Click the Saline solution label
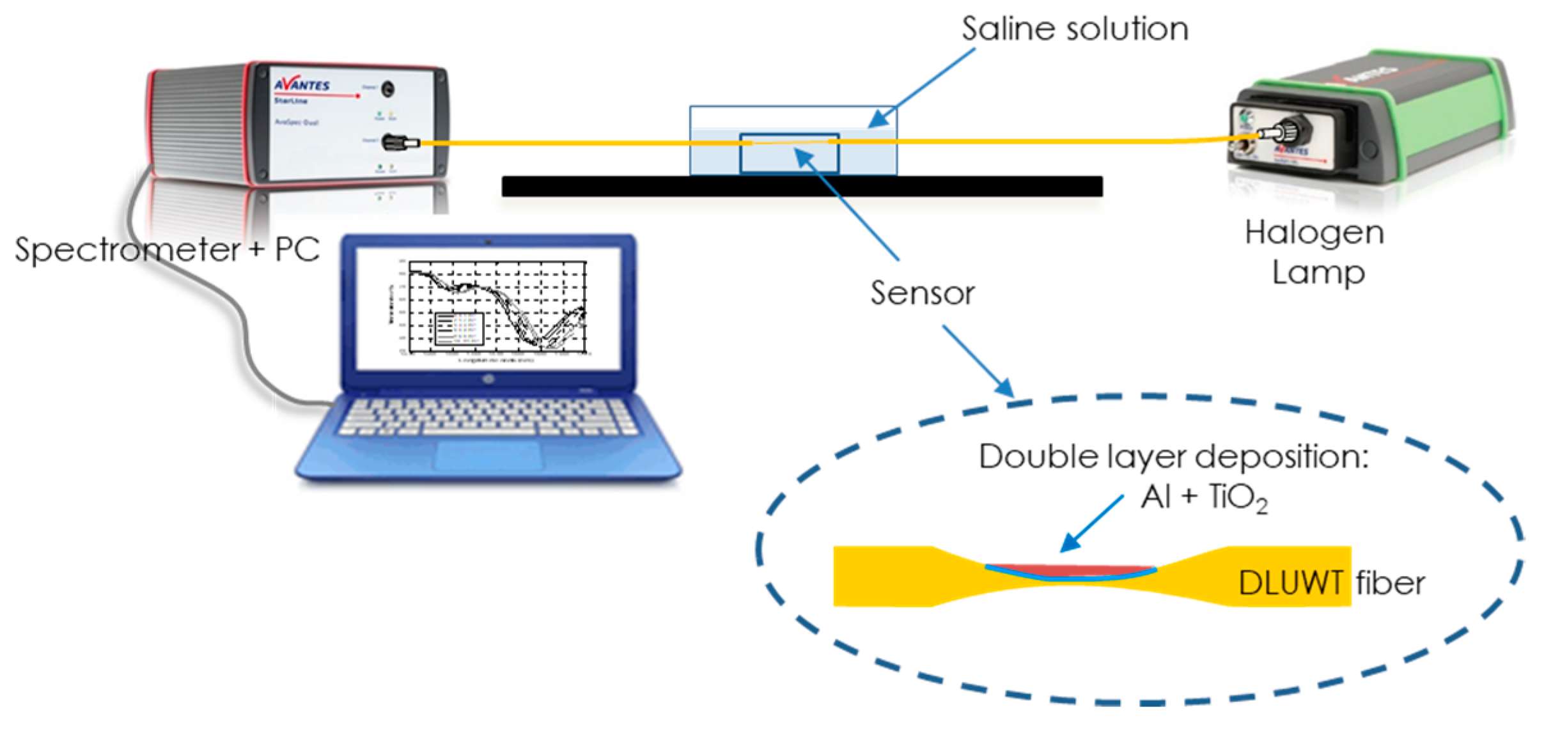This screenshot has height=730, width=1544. tap(1075, 29)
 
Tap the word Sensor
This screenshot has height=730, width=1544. tap(922, 293)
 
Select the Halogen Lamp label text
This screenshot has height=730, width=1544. tap(1314, 252)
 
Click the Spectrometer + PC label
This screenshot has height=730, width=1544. tap(167, 249)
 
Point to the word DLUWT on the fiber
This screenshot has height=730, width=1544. tap(1290, 582)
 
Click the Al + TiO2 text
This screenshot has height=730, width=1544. tap(1203, 497)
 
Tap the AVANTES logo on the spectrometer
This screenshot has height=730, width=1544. tap(302, 85)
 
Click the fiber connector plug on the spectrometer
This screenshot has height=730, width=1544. tap(400, 142)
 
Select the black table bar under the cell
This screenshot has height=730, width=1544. tap(802, 186)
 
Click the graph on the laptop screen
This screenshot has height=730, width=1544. tap(497, 307)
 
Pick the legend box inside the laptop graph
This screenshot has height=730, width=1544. tap(458, 329)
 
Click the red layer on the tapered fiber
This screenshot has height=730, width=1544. tap(1071, 569)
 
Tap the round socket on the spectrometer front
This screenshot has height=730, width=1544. tap(387, 89)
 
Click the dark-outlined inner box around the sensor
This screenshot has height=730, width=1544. tap(789, 153)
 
